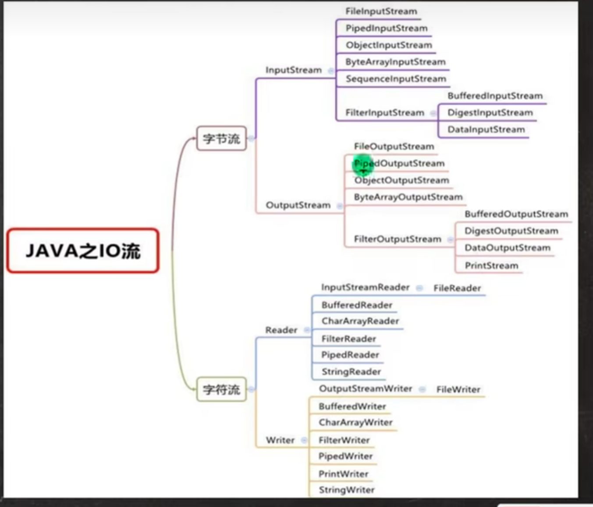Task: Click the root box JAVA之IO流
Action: pyautogui.click(x=83, y=250)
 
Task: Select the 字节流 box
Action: pyautogui.click(x=221, y=138)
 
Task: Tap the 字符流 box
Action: pyautogui.click(x=221, y=389)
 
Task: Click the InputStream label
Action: pyautogui.click(x=293, y=70)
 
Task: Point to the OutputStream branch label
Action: pyautogui.click(x=298, y=205)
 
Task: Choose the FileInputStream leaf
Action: pyautogui.click(x=381, y=11)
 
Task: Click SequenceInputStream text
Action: pyautogui.click(x=395, y=79)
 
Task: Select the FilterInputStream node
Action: pyautogui.click(x=384, y=113)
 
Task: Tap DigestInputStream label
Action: pyautogui.click(x=490, y=113)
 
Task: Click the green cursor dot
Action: pyautogui.click(x=362, y=164)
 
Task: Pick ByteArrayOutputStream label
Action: pyautogui.click(x=408, y=197)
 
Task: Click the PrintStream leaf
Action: pyautogui.click(x=491, y=265)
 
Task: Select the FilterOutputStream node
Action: pyautogui.click(x=397, y=239)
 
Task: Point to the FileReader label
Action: pyautogui.click(x=457, y=288)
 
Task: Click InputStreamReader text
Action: pyautogui.click(x=365, y=287)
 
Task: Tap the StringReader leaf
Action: pyautogui.click(x=351, y=372)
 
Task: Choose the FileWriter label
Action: pyautogui.click(x=458, y=389)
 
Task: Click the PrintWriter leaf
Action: pyautogui.click(x=343, y=474)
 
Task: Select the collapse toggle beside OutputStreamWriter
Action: pyautogui.click(x=422, y=389)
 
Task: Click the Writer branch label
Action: pyautogui.click(x=280, y=440)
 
